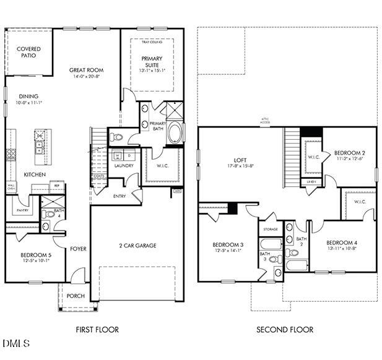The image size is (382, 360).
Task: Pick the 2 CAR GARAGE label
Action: (137, 246)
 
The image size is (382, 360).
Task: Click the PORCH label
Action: (76, 296)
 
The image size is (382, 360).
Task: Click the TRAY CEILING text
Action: (152, 41)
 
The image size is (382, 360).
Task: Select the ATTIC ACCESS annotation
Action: (265, 121)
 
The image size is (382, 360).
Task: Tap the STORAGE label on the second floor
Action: (271, 229)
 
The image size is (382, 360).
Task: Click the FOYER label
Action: (78, 249)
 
